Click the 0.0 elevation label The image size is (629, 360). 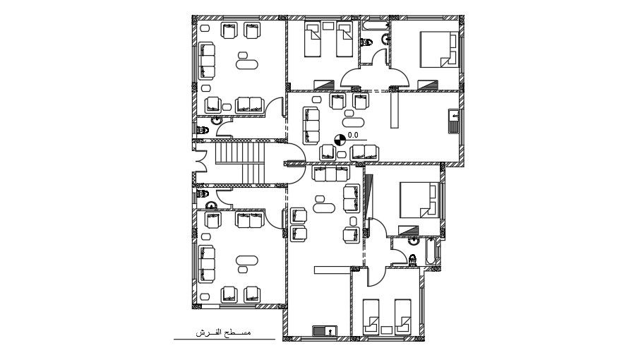[354, 134]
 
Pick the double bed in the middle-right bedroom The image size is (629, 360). [418, 200]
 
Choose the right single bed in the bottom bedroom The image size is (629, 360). [402, 315]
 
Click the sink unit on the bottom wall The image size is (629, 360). [325, 330]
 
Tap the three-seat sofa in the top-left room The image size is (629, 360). [206, 61]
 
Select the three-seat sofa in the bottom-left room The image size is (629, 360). [206, 263]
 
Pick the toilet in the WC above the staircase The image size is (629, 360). [203, 129]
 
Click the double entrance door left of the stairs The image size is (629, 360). [200, 162]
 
